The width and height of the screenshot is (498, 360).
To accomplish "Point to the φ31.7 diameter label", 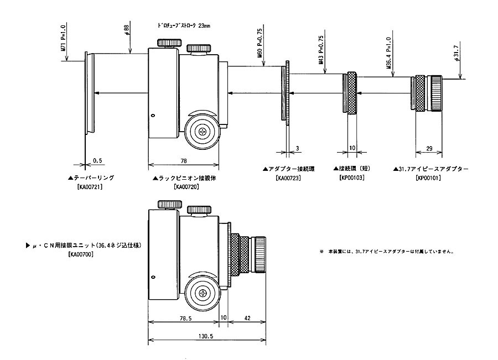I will [457, 65].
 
